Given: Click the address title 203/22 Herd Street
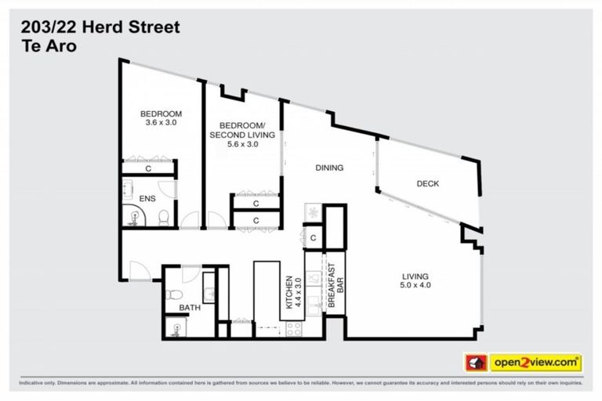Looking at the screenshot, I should click(100, 27).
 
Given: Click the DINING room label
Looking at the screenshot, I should click(329, 168).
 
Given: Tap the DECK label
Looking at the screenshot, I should click(427, 184).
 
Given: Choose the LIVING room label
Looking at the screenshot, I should click(415, 276).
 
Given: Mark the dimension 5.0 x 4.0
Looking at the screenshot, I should click(415, 285).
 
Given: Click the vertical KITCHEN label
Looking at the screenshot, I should click(290, 292).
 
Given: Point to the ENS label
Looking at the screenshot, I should click(147, 199).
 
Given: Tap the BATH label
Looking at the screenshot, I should click(189, 308).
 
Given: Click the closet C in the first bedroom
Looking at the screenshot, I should click(148, 168).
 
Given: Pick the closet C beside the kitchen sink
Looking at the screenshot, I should click(313, 237).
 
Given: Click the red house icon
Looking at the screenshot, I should click(474, 363).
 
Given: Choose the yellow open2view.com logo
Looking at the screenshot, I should click(535, 363).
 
